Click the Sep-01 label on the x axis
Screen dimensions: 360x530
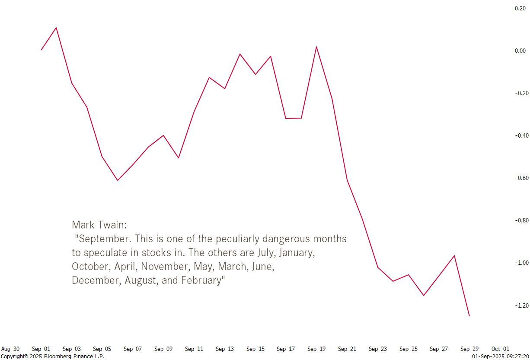[x=41, y=349]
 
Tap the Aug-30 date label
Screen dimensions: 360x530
[x=10, y=349]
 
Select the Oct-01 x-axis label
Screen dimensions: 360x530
[x=500, y=349]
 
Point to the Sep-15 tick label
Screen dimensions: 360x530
[x=255, y=349]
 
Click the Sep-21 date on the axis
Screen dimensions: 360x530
[x=347, y=349]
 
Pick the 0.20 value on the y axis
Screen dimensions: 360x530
[x=520, y=8]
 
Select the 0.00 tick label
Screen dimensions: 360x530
[x=520, y=51]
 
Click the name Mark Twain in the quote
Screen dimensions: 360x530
[x=99, y=225]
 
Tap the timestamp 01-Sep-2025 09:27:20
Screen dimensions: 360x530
[x=500, y=356]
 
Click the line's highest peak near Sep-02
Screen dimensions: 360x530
[x=56, y=28]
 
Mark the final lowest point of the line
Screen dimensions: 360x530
[x=469, y=316]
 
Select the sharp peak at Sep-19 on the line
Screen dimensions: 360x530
[x=316, y=47]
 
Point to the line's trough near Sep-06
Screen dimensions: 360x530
[x=118, y=180]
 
